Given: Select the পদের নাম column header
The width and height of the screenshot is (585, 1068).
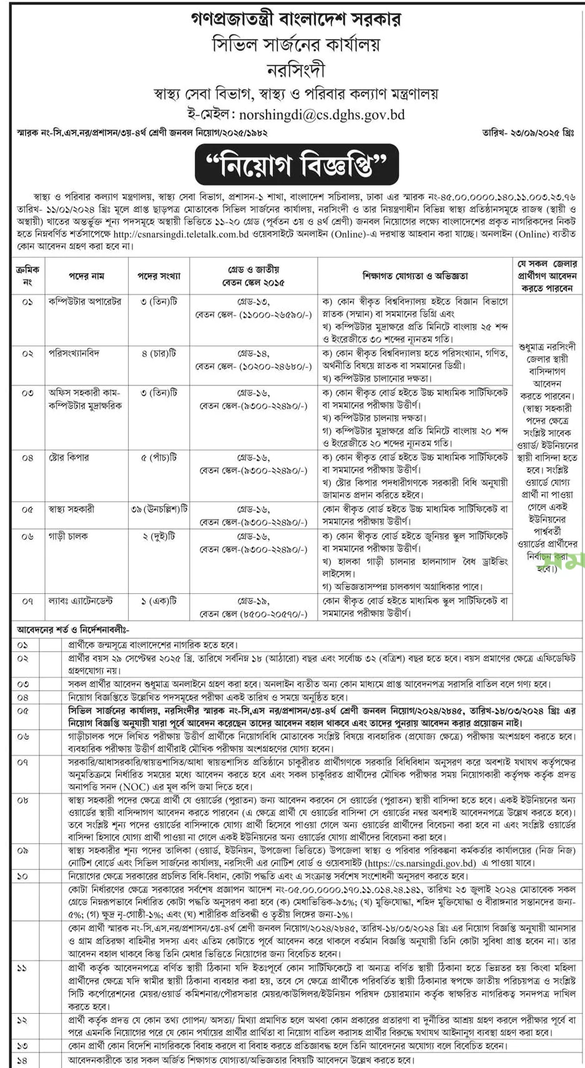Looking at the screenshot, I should point(86,275).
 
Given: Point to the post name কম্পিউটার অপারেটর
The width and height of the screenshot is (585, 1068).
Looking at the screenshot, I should point(85,301).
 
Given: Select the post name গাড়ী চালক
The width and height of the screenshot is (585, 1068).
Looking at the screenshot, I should point(69,536).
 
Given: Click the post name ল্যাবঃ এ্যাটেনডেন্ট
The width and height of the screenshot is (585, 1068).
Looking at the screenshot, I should point(81,601).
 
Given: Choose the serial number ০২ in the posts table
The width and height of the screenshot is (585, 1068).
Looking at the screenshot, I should point(27,353).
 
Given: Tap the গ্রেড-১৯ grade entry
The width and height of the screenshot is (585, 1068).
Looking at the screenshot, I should point(253,601).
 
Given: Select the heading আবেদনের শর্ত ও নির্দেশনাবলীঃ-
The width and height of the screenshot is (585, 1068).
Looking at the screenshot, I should point(72,630).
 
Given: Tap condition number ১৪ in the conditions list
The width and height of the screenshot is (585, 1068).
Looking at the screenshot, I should point(23,1061).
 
